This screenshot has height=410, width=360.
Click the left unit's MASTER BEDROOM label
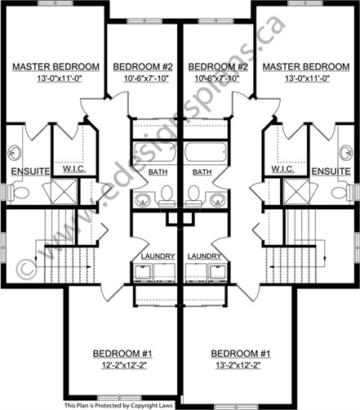pyautogui.click(x=56, y=67)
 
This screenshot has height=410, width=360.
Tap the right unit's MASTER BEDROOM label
pyautogui.click(x=306, y=67)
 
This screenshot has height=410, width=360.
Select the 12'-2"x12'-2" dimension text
pyautogui.click(x=124, y=365)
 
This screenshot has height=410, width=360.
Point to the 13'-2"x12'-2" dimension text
pyautogui.click(x=238, y=365)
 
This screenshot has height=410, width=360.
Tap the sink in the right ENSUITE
pyautogui.click(x=345, y=153)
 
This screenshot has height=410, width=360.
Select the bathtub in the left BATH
pyautogui.click(x=154, y=152)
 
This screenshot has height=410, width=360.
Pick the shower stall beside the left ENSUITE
pyautogui.click(x=64, y=191)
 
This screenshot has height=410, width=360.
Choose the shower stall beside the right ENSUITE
pyautogui.click(x=296, y=191)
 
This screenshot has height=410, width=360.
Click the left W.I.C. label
pyautogui.click(x=74, y=169)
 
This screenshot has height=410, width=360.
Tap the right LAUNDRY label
pyautogui.click(x=204, y=256)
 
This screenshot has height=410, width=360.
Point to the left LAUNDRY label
pyautogui.click(x=158, y=256)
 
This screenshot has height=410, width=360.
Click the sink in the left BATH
pyautogui.click(x=142, y=199)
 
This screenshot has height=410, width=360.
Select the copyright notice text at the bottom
pyautogui.click(x=118, y=406)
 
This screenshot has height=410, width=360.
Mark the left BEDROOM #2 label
pyautogui.click(x=143, y=67)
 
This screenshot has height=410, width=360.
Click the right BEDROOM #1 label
pyautogui.click(x=241, y=354)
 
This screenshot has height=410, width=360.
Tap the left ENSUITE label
pyautogui.click(x=30, y=172)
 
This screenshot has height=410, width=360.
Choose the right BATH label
pyautogui.click(x=202, y=172)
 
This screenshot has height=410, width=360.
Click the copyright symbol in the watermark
pyautogui.click(x=26, y=268)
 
